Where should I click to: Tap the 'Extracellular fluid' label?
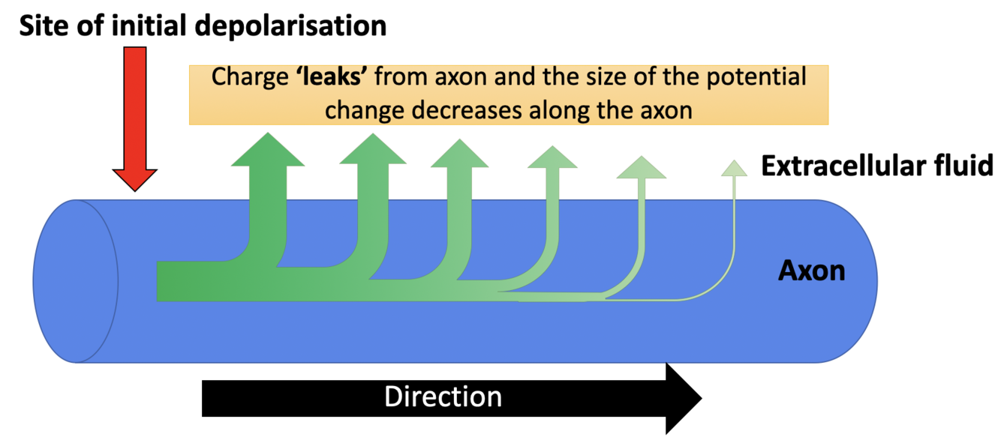[876, 166]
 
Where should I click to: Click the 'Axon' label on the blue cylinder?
[811, 270]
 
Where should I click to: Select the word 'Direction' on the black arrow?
[443, 397]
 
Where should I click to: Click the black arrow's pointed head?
[683, 398]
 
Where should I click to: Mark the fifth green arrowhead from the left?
[641, 168]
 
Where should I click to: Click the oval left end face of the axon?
[75, 281]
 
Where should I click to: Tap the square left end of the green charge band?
[169, 281]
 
